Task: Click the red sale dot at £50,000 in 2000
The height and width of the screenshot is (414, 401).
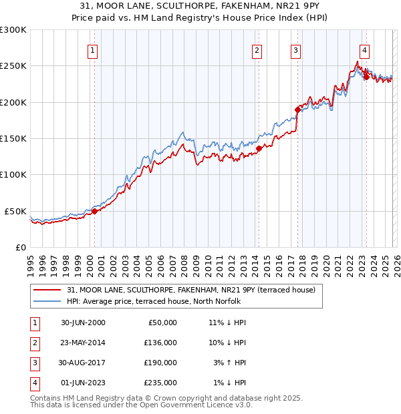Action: coord(95,211)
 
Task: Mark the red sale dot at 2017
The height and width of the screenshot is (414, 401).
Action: coord(298,109)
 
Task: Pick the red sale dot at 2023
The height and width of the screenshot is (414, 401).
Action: coord(366,77)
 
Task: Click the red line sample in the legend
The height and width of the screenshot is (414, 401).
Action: coord(49,290)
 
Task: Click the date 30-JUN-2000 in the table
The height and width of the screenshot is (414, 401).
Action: coord(83,323)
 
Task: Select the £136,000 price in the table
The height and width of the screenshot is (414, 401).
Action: coord(160,343)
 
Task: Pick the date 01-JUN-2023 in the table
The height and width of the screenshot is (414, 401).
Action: coord(83,383)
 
